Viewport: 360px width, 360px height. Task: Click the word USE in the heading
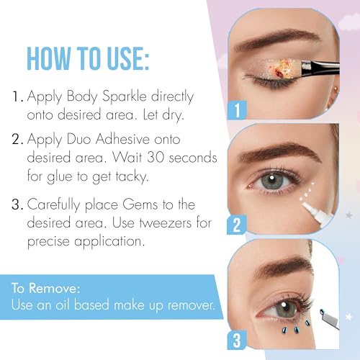[x=128, y=58]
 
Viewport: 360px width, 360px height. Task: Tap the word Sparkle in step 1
[x=124, y=96]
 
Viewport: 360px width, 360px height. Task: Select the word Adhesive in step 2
[x=122, y=139]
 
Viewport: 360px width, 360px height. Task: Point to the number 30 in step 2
[x=156, y=157]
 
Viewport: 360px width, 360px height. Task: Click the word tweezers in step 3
[x=166, y=222]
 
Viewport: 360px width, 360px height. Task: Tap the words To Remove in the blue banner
[x=45, y=288]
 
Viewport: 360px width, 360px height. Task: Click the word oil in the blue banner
[x=63, y=305]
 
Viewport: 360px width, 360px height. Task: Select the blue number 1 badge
[x=237, y=110]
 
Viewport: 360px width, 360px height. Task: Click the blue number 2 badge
[x=236, y=225]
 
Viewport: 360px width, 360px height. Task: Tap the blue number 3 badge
[x=237, y=341]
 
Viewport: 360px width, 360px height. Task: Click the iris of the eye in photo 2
[x=272, y=180]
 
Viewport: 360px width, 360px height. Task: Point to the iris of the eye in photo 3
[x=285, y=307]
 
